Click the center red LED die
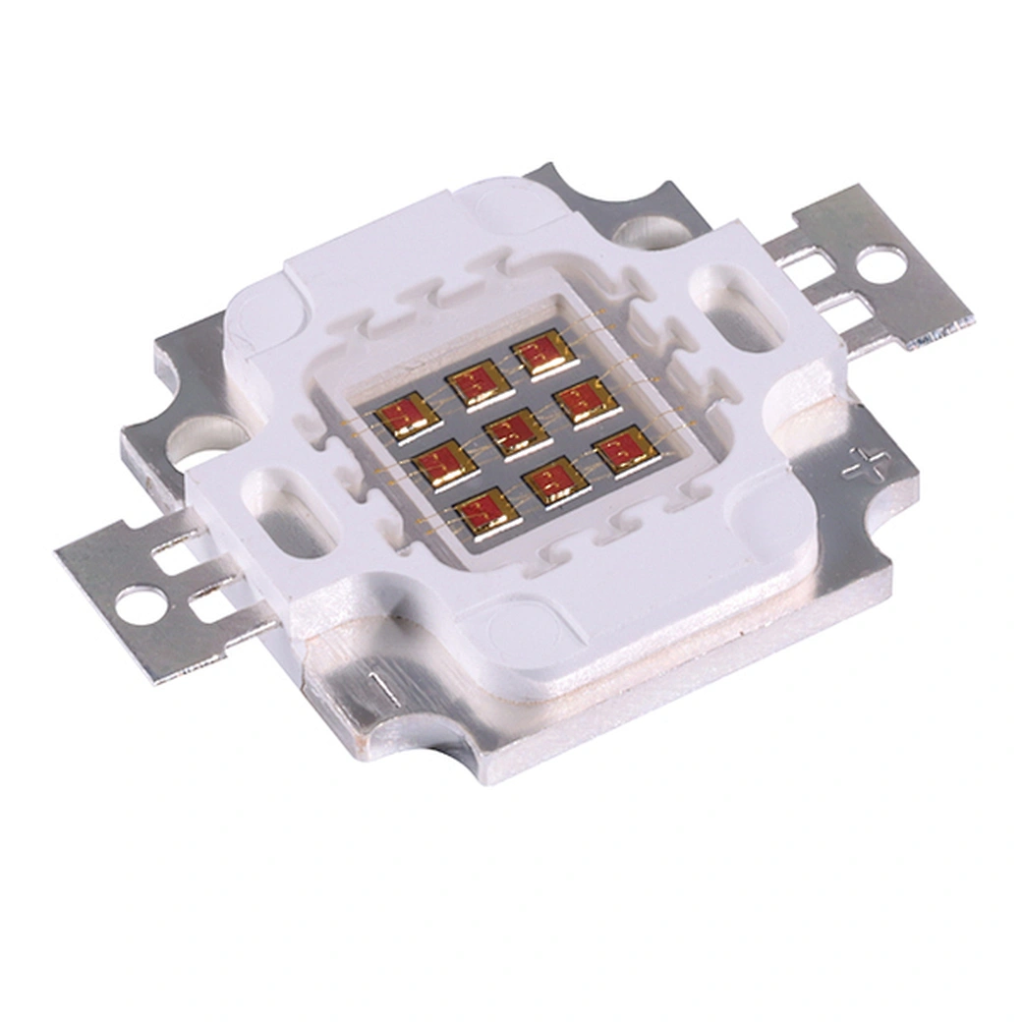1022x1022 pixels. coord(518,433)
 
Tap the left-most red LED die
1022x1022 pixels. coord(407,417)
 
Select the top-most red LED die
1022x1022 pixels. coord(544,355)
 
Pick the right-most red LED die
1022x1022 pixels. coord(627,451)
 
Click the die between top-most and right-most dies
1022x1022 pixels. coord(587,401)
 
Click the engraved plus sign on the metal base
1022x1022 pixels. coord(863,462)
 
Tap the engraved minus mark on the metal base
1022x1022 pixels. coord(383,689)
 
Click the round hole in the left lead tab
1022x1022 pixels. coord(141,605)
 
